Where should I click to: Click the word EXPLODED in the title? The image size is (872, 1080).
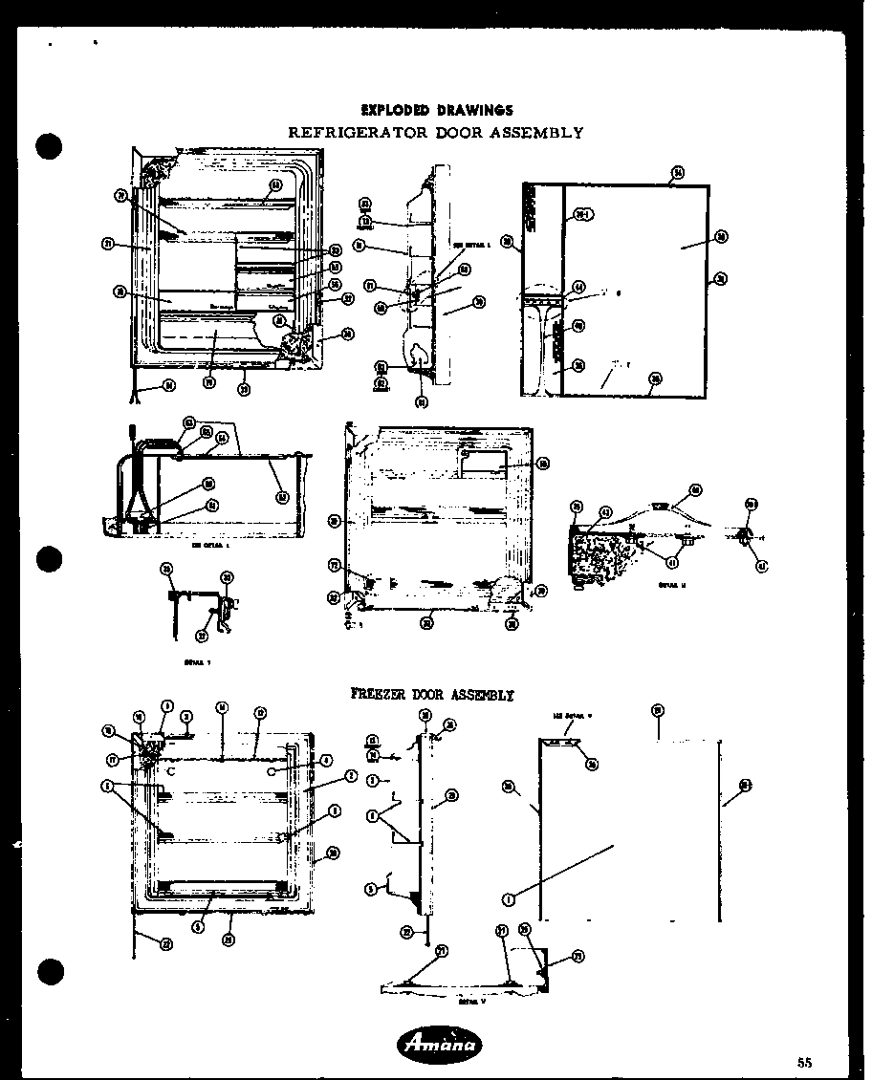(393, 111)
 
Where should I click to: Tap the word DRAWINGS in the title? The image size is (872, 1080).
(475, 111)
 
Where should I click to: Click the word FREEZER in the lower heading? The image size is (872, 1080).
(381, 695)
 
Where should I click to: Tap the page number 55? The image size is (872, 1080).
(804, 1062)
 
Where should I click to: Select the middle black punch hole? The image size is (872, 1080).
(50, 557)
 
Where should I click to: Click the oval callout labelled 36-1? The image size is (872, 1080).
(583, 214)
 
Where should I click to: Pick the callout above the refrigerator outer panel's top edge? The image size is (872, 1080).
(677, 173)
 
